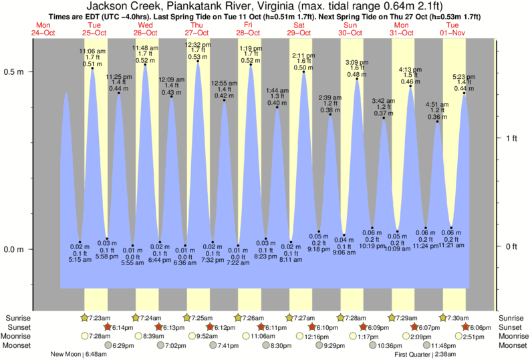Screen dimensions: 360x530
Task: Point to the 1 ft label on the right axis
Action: [x=511, y=138]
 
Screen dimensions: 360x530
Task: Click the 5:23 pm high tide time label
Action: [x=463, y=75]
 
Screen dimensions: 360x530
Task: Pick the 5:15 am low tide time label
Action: [x=80, y=260]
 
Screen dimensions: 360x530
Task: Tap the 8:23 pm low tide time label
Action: [x=265, y=256]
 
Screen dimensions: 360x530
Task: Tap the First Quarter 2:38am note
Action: [x=424, y=354]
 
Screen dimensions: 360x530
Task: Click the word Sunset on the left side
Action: [x=17, y=327]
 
